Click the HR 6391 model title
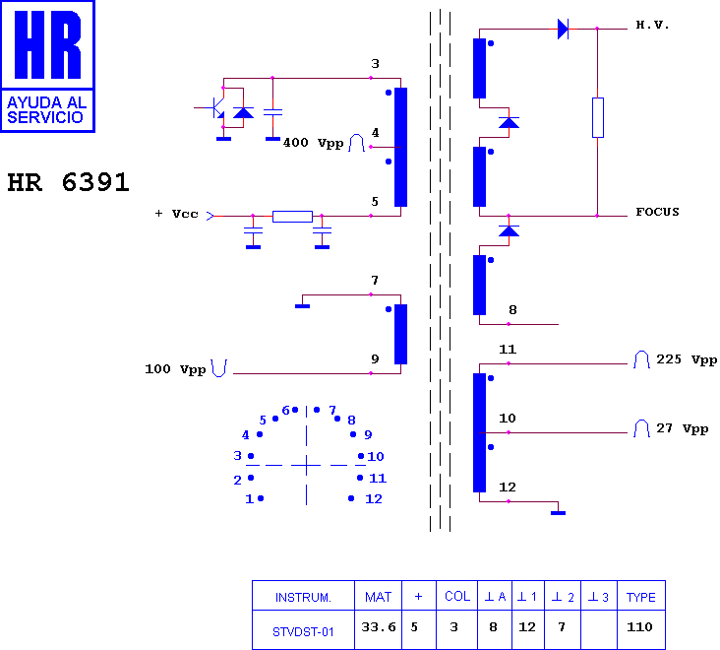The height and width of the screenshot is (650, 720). (x=68, y=182)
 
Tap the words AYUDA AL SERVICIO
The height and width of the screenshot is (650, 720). (x=46, y=110)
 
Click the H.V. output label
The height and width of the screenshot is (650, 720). (x=652, y=25)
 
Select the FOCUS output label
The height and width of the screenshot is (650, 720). (x=657, y=212)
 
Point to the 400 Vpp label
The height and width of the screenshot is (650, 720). (x=313, y=143)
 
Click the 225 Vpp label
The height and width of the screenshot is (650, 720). (x=687, y=359)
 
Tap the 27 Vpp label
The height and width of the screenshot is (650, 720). (x=682, y=428)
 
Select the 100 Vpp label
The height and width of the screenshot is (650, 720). (x=175, y=369)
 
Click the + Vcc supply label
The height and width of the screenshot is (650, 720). (x=177, y=214)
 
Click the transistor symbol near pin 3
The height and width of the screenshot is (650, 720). (x=215, y=108)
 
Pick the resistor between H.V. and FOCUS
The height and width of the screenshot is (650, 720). (x=597, y=117)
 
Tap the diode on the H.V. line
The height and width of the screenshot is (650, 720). (x=563, y=29)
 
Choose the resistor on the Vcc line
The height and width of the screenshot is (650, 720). (x=292, y=216)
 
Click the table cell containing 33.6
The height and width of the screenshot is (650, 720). (x=379, y=629)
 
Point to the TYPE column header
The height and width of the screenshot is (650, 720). (x=641, y=597)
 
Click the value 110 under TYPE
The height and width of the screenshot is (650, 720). (x=639, y=627)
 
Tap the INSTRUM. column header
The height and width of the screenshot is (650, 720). (x=303, y=598)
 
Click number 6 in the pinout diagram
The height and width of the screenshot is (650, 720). (x=285, y=410)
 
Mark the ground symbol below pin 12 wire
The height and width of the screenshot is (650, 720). (x=558, y=512)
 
